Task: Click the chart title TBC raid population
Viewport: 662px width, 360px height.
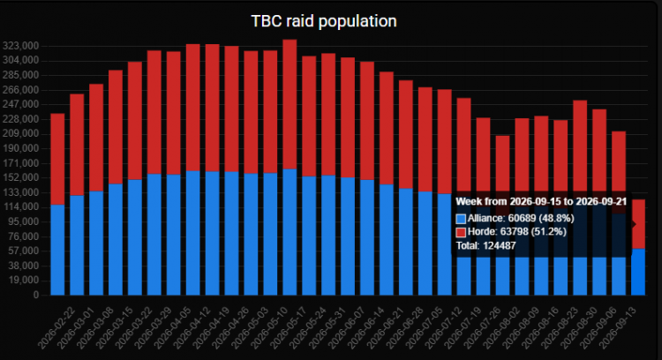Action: (324, 21)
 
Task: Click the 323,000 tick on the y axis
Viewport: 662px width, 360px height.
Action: (20, 46)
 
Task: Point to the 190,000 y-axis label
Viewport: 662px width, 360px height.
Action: (20, 148)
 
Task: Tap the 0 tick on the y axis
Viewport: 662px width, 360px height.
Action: (36, 295)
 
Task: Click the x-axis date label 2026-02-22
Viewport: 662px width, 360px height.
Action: (57, 328)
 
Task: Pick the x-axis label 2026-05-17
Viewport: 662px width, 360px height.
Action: (290, 328)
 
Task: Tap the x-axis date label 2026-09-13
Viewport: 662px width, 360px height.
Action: (619, 328)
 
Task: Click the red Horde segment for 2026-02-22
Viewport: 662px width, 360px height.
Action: (57, 159)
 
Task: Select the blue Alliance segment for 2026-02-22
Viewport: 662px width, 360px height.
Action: (57, 250)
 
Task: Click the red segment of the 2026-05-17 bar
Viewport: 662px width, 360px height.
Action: (290, 104)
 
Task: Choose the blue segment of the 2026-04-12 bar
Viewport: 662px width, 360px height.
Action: (193, 233)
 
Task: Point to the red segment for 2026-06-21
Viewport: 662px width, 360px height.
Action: (387, 128)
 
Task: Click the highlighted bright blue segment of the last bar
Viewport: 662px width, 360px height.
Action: (638, 272)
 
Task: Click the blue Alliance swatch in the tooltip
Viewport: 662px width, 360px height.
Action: (461, 219)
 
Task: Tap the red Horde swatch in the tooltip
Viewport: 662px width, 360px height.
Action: (461, 232)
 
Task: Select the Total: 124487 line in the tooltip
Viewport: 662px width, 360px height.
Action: (486, 245)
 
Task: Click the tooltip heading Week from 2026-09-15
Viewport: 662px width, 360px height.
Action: (541, 201)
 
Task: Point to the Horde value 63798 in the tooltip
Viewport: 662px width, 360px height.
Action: (514, 232)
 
